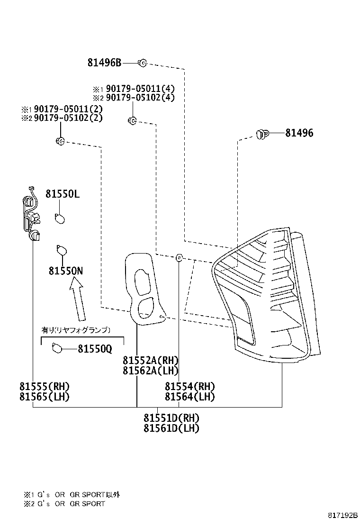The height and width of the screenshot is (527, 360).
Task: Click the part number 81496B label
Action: [x=104, y=62]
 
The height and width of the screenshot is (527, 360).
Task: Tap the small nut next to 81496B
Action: [x=142, y=62]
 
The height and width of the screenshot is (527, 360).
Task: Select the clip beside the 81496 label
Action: [x=261, y=134]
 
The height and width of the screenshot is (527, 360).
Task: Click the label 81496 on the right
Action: [x=299, y=134]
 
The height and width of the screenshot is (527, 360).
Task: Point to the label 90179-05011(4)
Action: [x=140, y=89]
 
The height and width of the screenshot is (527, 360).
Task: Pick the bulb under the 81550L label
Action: [x=60, y=219]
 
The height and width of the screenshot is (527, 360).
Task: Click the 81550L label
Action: [x=63, y=194]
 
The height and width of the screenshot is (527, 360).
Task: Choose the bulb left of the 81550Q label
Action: [x=57, y=349]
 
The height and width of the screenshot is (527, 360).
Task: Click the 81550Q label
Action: [x=95, y=349]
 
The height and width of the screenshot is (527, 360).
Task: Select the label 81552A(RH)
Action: [x=150, y=361]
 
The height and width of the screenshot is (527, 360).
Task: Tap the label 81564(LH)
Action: [x=189, y=397]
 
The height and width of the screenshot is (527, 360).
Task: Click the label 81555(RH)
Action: [x=44, y=386]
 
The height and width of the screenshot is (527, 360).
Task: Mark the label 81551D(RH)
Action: [x=171, y=418]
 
